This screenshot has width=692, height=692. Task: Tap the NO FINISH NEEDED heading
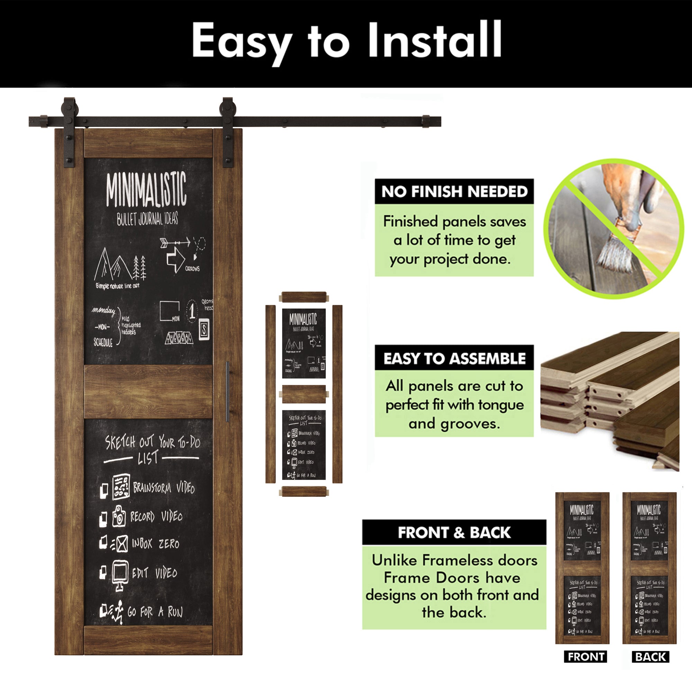tap(454, 192)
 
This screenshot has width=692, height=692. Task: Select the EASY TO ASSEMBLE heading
tap(454, 358)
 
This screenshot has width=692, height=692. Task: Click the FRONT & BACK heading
tap(454, 532)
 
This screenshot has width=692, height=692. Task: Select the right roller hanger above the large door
tap(228, 133)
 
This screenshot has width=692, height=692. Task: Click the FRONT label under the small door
tap(586, 657)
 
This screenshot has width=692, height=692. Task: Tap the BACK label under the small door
tap(650, 657)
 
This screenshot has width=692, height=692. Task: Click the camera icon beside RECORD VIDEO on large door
tap(119, 516)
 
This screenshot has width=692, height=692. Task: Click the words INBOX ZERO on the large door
tap(155, 544)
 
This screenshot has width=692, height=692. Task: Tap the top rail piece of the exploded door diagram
tap(304, 297)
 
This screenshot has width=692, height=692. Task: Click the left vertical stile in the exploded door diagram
tap(270, 394)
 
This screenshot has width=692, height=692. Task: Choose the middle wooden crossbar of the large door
tap(148, 391)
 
